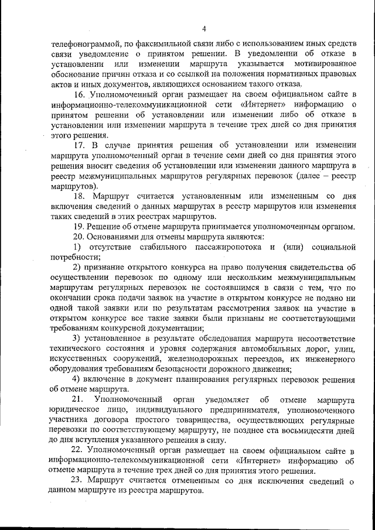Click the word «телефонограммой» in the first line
(86, 43)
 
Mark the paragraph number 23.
(79, 482)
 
